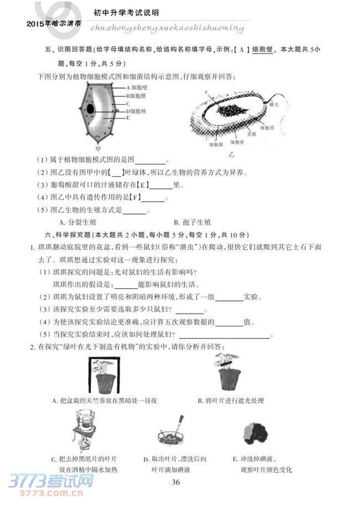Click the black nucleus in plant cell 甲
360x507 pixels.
tap(90, 109)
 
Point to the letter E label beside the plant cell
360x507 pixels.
tap(128, 118)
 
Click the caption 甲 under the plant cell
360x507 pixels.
tap(99, 148)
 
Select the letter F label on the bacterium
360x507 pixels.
tap(206, 93)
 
